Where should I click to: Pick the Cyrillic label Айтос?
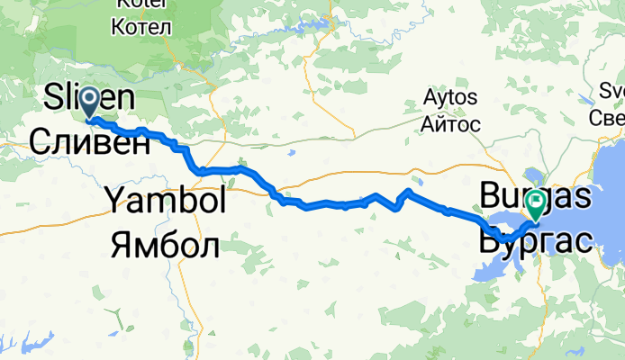coord(450,123)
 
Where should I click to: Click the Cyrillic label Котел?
coord(140,26)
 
